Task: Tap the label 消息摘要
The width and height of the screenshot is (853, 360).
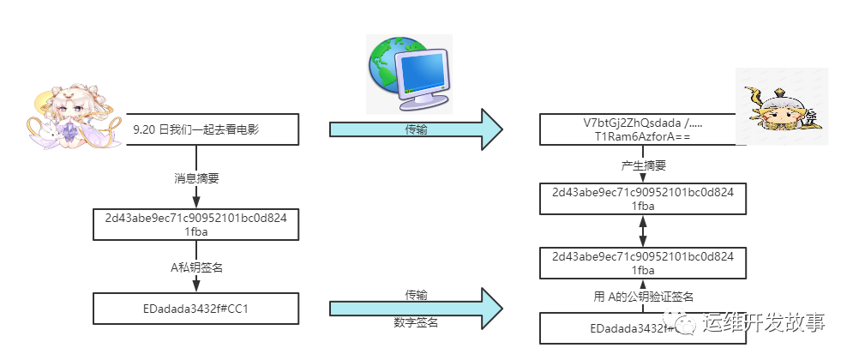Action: click(x=196, y=178)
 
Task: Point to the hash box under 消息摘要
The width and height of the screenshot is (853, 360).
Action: click(x=196, y=225)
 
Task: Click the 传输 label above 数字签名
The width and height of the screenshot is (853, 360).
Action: click(x=417, y=295)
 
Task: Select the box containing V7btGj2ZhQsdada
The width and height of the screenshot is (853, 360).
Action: click(x=641, y=130)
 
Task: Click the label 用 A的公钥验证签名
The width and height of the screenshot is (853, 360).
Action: click(x=643, y=297)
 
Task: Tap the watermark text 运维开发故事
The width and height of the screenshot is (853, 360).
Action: click(x=763, y=323)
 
